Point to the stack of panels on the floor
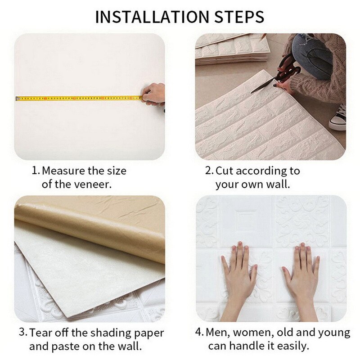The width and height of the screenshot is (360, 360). [x=232, y=49]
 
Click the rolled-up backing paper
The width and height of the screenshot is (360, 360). [x=90, y=229]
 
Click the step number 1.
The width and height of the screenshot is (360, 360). [x=35, y=171]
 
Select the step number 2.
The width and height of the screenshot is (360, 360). [x=209, y=171]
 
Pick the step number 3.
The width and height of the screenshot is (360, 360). [x=22, y=333]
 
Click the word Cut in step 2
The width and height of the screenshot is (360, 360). [x=225, y=171]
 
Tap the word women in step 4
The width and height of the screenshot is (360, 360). [x=253, y=333]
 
